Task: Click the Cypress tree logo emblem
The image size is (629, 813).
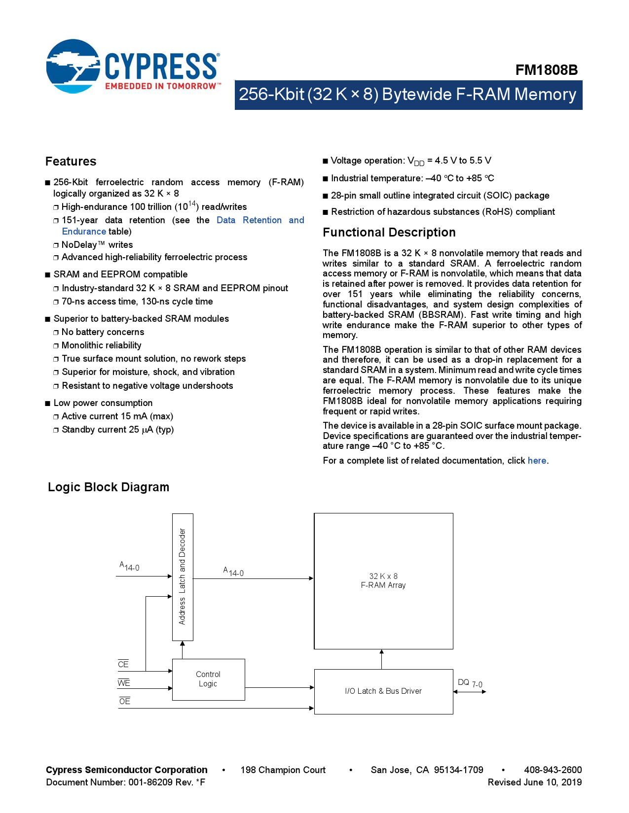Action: tap(73, 67)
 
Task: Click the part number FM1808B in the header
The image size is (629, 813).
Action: tap(546, 70)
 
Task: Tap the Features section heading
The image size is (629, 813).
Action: tap(71, 162)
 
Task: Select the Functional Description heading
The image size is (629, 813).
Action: tap(389, 233)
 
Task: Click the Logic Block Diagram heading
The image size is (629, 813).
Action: tap(109, 487)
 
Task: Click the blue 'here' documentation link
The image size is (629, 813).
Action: tap(537, 461)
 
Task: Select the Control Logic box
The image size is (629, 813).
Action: tap(208, 679)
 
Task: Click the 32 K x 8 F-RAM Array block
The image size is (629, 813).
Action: tap(383, 581)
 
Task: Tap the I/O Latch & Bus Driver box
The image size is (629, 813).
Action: tap(383, 691)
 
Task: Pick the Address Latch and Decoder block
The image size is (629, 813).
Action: tap(183, 577)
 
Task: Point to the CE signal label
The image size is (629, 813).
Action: tap(123, 664)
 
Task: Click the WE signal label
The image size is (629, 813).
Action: tap(124, 683)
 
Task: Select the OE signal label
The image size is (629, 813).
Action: tap(125, 701)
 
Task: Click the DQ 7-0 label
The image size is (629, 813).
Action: tap(470, 683)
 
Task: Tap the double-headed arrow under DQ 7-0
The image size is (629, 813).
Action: tap(470, 692)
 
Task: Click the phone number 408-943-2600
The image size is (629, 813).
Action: tap(553, 770)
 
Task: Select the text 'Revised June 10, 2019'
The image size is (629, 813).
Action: tap(534, 782)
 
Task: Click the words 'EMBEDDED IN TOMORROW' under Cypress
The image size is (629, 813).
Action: tap(161, 86)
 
